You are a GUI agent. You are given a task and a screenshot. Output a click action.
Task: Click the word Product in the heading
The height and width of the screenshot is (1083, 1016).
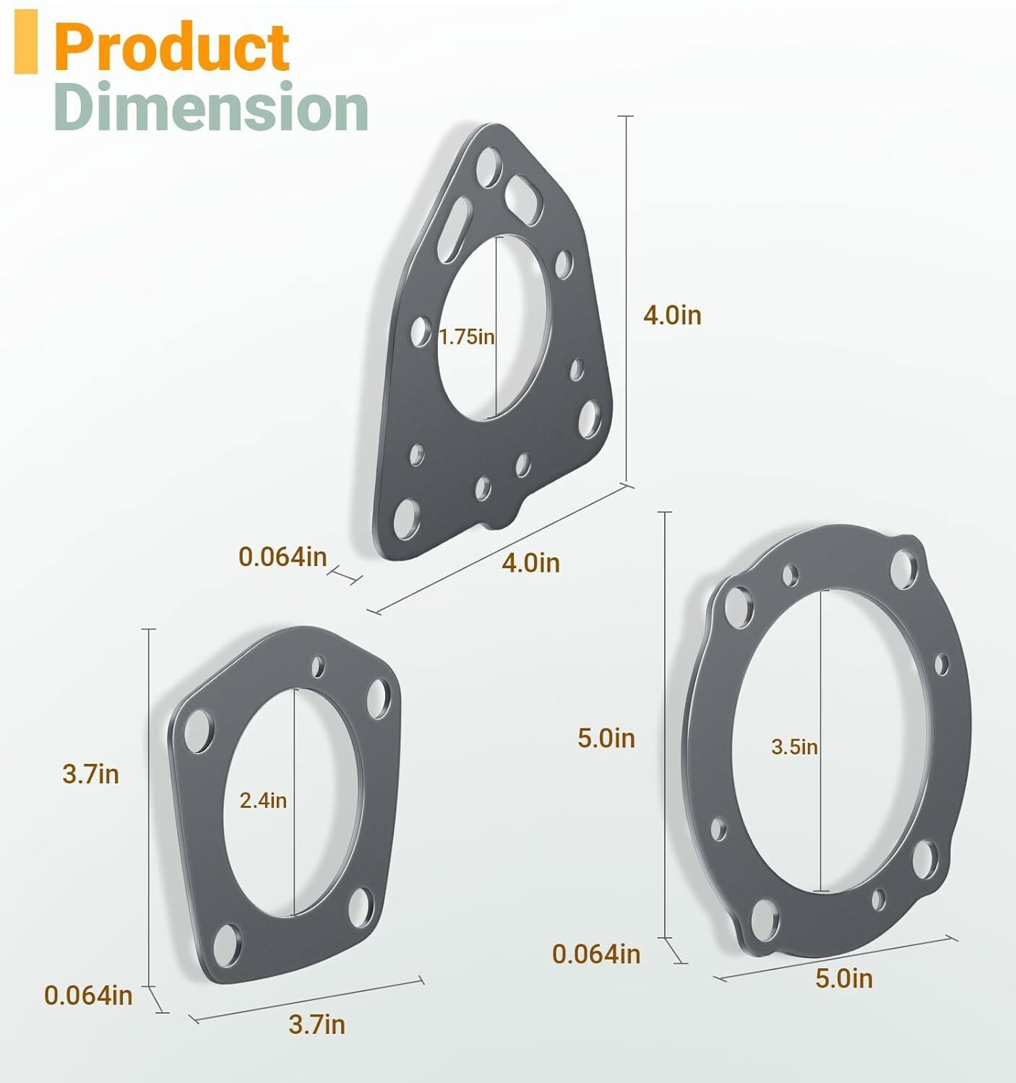tap(172, 47)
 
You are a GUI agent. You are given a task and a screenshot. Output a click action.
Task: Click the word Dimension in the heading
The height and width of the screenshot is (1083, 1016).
tap(211, 108)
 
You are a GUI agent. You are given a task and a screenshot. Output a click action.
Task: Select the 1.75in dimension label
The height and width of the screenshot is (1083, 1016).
tap(467, 336)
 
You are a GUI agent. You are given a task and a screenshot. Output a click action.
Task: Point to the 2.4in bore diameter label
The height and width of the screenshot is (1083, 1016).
tap(263, 801)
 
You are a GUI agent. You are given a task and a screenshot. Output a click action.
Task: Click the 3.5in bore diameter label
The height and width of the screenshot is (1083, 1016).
tap(794, 747)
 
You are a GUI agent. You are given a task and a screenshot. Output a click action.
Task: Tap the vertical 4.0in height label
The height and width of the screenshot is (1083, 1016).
tap(672, 316)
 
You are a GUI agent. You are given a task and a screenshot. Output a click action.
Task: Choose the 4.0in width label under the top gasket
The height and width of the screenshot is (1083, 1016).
tap(531, 562)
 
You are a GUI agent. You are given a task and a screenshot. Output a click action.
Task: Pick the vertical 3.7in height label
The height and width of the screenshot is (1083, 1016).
tap(90, 774)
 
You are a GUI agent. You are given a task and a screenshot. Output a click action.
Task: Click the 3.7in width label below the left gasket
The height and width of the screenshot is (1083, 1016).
tap(317, 1024)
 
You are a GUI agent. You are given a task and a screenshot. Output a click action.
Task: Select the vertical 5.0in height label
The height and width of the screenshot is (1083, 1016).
tap(606, 738)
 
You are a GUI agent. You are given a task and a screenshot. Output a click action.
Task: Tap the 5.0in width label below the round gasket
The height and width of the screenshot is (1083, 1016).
tap(844, 978)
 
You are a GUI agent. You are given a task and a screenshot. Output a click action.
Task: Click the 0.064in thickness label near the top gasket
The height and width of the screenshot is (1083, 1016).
tap(283, 557)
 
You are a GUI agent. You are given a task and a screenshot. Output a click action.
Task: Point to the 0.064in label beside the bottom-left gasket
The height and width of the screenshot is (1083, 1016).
tap(88, 995)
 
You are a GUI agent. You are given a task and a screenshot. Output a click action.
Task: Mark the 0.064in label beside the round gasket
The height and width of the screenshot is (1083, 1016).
tap(596, 954)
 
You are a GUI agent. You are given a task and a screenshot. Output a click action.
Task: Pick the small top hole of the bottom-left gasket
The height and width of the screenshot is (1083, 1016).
tap(319, 666)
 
